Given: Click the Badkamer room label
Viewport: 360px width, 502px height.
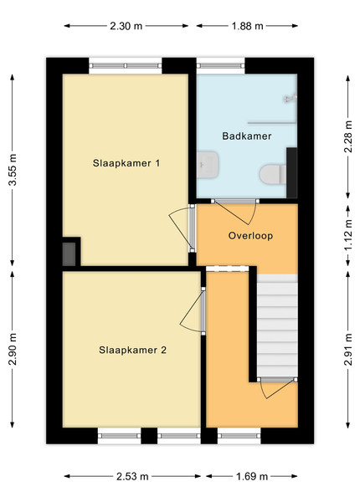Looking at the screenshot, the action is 247,136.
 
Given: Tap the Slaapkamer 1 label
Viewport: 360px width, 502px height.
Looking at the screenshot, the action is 126,163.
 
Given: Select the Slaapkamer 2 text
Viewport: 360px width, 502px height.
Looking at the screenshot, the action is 132,350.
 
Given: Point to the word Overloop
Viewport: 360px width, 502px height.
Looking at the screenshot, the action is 250,236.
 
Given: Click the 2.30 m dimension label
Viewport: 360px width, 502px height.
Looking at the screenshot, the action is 126,26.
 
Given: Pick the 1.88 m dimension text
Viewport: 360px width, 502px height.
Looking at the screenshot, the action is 247,26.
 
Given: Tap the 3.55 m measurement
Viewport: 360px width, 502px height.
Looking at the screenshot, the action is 13,170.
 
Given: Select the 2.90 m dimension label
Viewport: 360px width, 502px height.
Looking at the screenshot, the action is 13,349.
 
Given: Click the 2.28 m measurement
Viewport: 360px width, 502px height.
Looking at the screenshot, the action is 348,136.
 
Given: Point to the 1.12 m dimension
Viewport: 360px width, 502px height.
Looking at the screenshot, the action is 348,235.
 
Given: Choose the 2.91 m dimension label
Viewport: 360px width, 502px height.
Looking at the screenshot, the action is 348,349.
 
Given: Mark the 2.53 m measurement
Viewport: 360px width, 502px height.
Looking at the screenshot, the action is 132,476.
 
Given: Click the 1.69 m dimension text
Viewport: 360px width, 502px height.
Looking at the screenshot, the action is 252,476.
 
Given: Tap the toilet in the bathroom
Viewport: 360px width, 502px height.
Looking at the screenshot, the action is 273,175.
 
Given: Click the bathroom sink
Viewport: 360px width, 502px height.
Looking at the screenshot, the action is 208,165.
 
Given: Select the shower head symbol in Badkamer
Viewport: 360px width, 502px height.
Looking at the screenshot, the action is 291,98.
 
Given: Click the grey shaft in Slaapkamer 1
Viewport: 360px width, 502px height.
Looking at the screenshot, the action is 69,254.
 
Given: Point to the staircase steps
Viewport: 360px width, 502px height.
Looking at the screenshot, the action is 277,325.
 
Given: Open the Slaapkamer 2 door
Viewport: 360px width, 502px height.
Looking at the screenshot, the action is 203,311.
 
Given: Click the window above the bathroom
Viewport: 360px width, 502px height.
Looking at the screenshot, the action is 220,66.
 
